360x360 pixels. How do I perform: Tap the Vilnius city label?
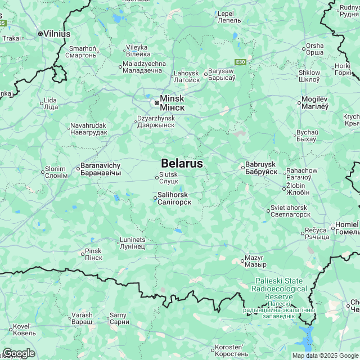coord(57,34)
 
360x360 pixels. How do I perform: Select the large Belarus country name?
coord(182,163)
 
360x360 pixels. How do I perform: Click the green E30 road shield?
coord(241,62)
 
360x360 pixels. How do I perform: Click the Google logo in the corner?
coord(19,353)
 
